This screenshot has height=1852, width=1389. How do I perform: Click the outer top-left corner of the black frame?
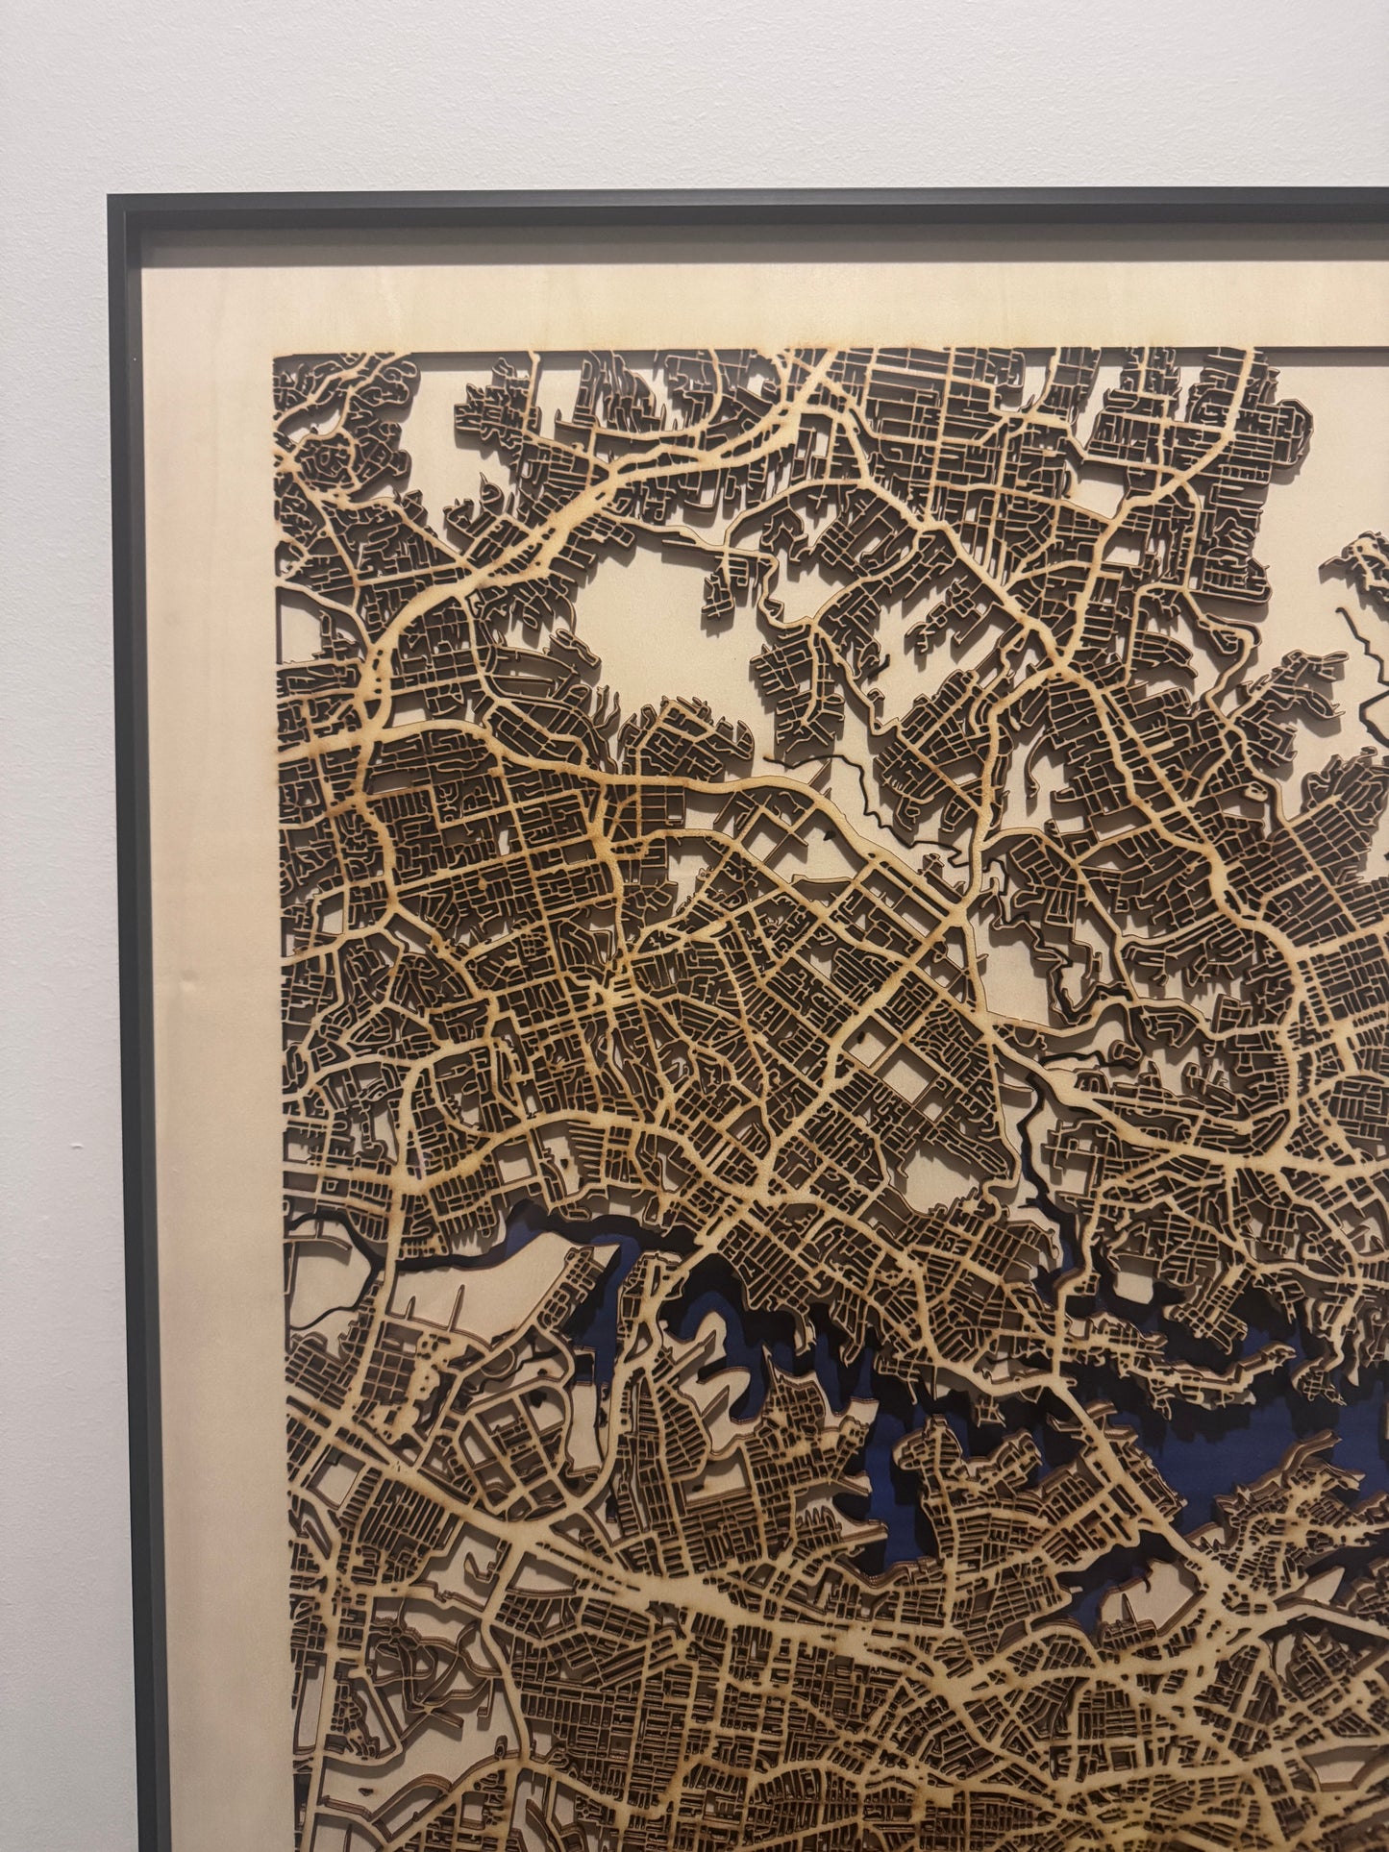[110, 195]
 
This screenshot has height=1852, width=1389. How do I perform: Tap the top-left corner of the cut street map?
[276, 358]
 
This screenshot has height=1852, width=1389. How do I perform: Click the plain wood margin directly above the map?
[769, 298]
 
